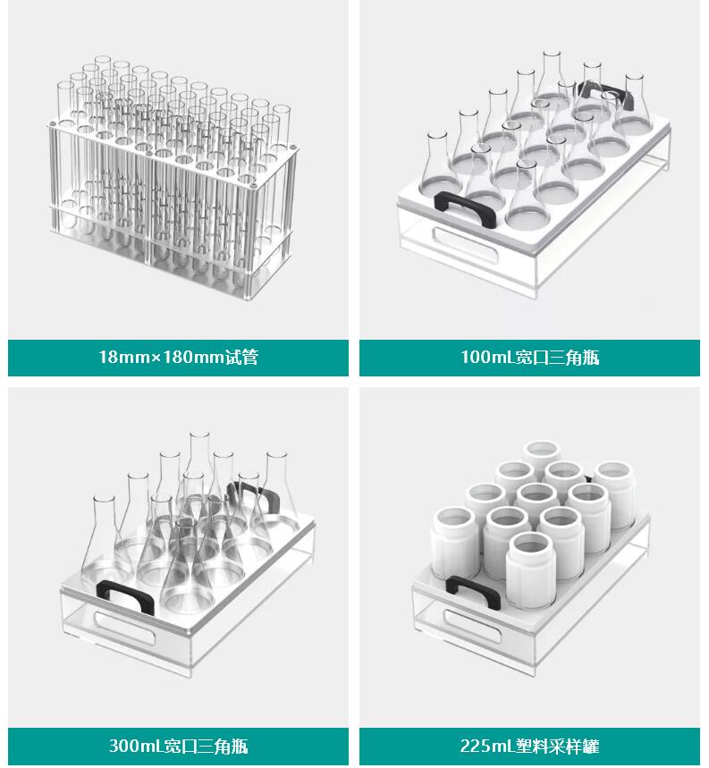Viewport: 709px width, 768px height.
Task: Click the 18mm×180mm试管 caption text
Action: [178, 357]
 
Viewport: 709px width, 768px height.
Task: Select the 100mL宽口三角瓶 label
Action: [530, 357]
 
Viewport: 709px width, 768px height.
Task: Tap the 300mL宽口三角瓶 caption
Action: [178, 746]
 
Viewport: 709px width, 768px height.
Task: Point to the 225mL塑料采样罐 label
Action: [530, 746]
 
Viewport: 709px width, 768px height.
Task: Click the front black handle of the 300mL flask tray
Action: [125, 594]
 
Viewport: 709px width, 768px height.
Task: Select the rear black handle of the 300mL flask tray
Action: [255, 494]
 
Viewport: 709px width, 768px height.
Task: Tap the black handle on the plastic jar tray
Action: [471, 588]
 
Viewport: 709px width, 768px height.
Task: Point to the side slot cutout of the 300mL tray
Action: [125, 628]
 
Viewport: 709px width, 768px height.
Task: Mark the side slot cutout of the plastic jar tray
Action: [472, 626]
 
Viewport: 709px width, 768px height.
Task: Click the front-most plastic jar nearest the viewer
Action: [531, 570]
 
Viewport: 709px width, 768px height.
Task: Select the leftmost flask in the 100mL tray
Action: [441, 162]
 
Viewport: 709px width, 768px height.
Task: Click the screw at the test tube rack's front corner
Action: [252, 186]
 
